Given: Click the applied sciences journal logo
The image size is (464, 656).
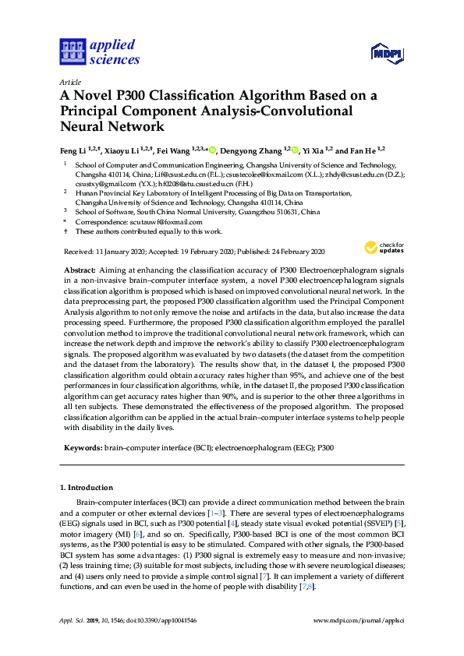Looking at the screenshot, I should tap(99, 51).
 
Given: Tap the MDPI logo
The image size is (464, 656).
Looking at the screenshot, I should tap(385, 53).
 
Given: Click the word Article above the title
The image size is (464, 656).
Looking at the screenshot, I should tap(70, 82).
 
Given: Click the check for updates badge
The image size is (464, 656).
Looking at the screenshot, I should tap(384, 249).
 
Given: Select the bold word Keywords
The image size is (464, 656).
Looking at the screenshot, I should tap(82, 450).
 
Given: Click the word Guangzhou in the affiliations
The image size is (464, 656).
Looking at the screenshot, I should tap(229, 212).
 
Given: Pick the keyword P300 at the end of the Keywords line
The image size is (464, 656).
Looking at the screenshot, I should tap(324, 450).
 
